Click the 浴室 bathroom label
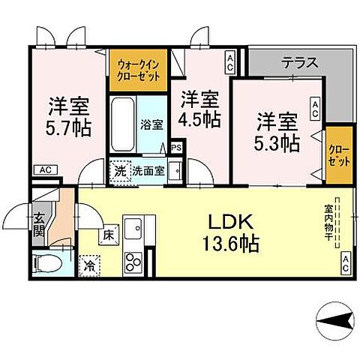pos(151,124)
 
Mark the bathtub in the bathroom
pos(122,124)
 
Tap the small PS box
pos(177,148)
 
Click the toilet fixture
pos(45,264)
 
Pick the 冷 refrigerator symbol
pos(89,264)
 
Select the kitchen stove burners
pos(133,262)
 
